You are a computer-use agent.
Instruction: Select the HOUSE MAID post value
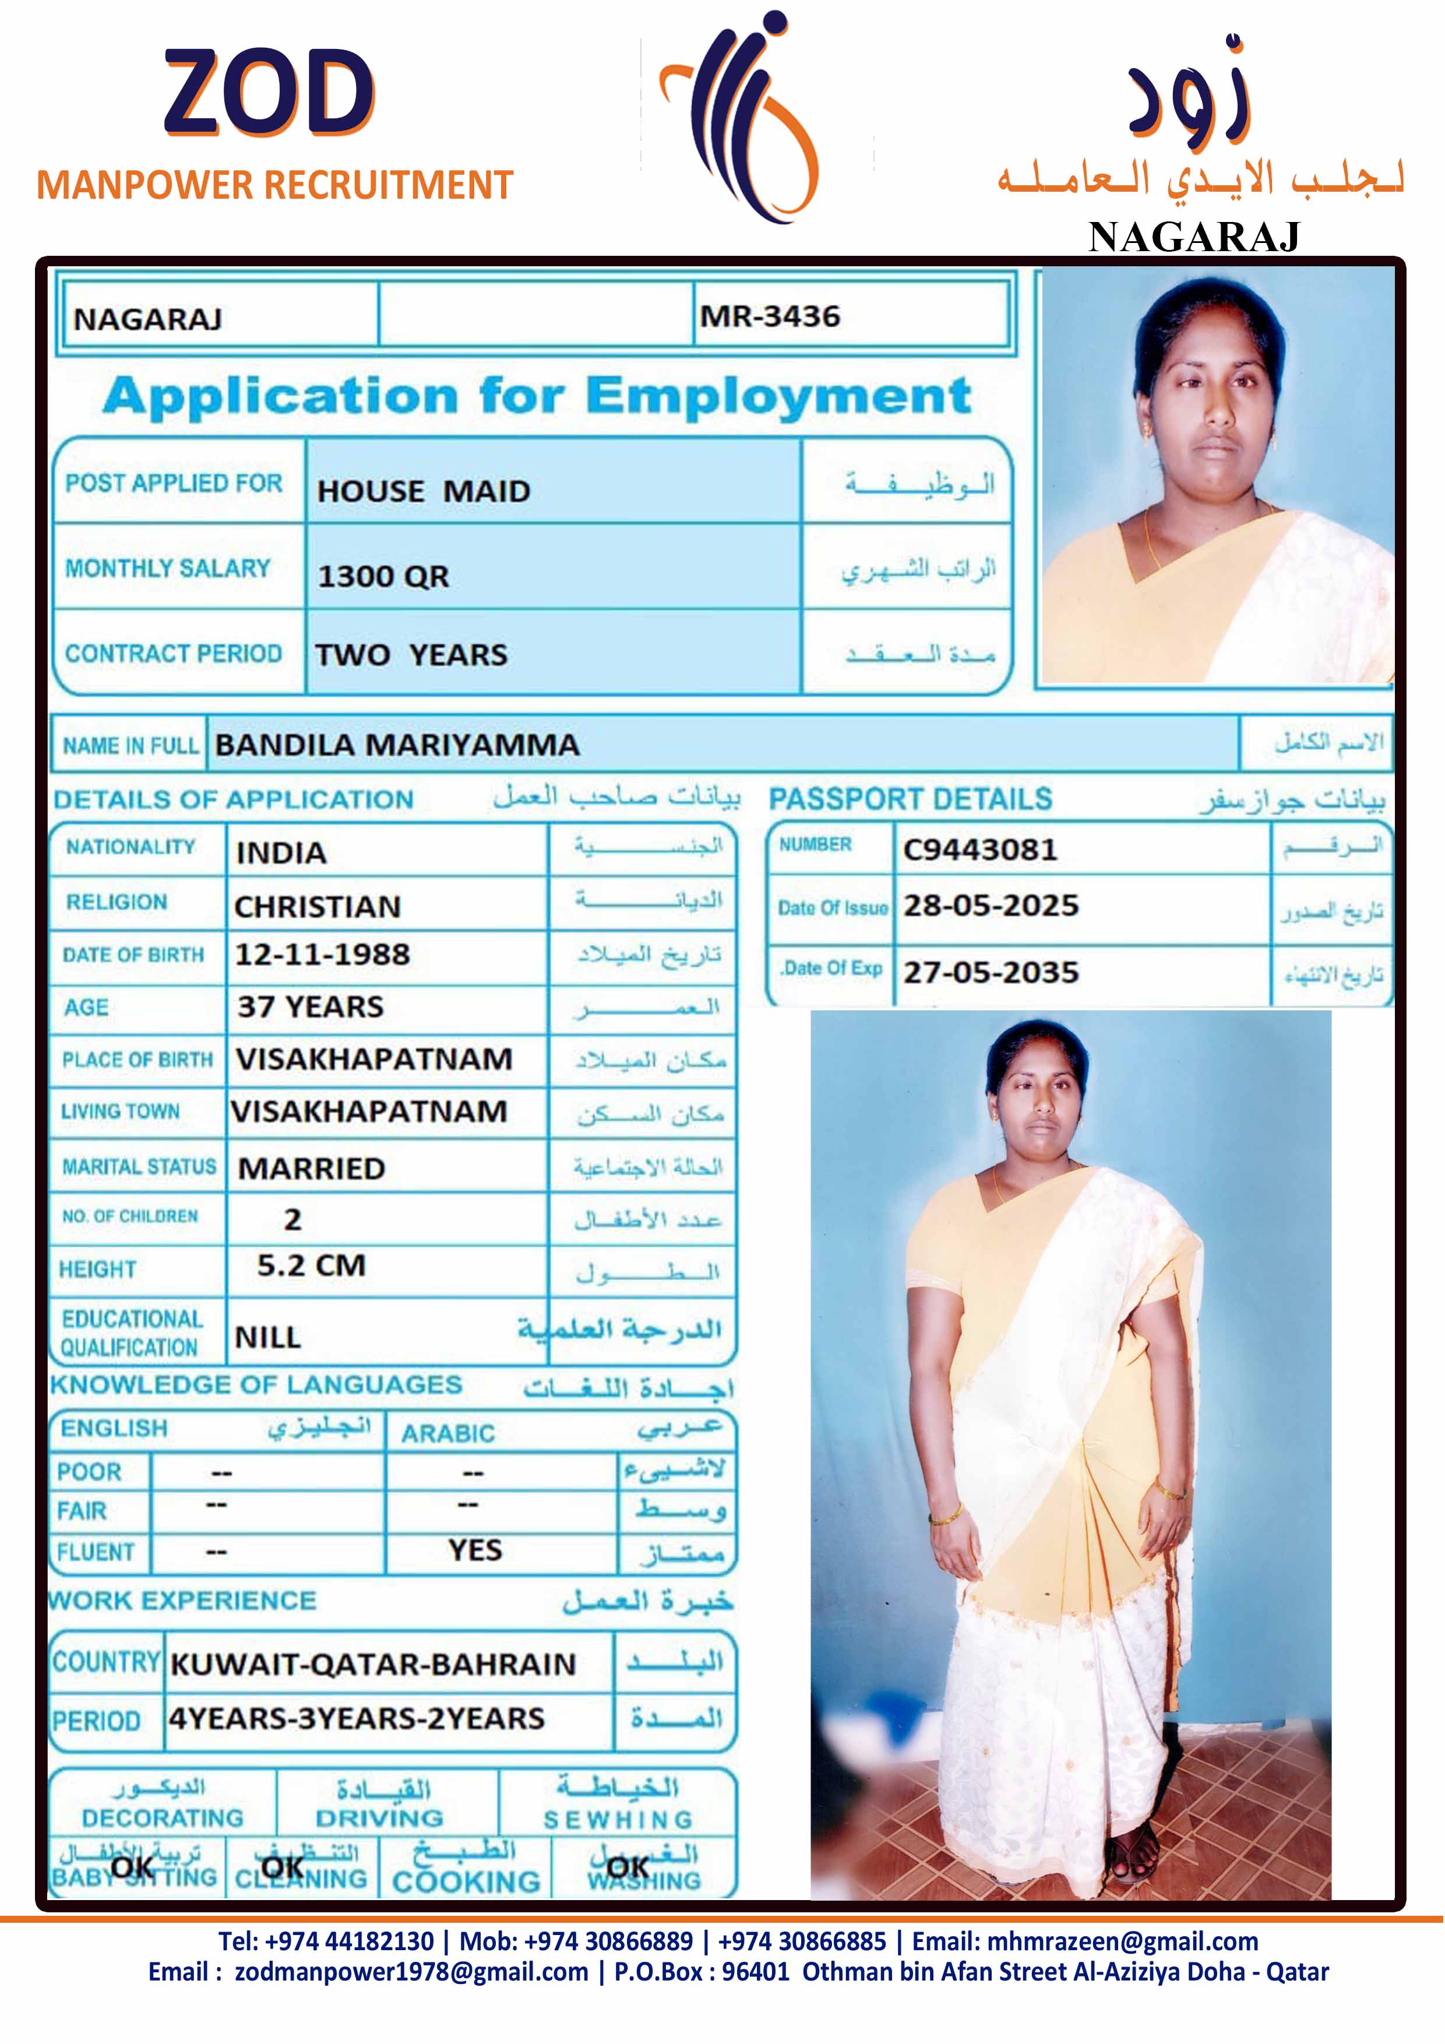[424, 491]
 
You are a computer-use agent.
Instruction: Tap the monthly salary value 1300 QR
[384, 576]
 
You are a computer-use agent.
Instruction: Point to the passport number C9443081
[980, 850]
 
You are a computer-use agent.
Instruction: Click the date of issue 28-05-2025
[991, 905]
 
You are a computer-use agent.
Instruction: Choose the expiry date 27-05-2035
[991, 972]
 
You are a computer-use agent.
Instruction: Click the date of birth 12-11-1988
[322, 954]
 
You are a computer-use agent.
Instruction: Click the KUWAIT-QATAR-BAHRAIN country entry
[373, 1664]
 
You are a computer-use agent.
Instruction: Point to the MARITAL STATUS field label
[139, 1167]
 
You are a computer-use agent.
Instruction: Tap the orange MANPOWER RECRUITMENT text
[275, 185]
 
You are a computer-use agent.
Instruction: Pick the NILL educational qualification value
[268, 1337]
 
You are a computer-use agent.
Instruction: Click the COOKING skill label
[467, 1881]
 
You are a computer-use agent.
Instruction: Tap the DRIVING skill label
[379, 1818]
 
